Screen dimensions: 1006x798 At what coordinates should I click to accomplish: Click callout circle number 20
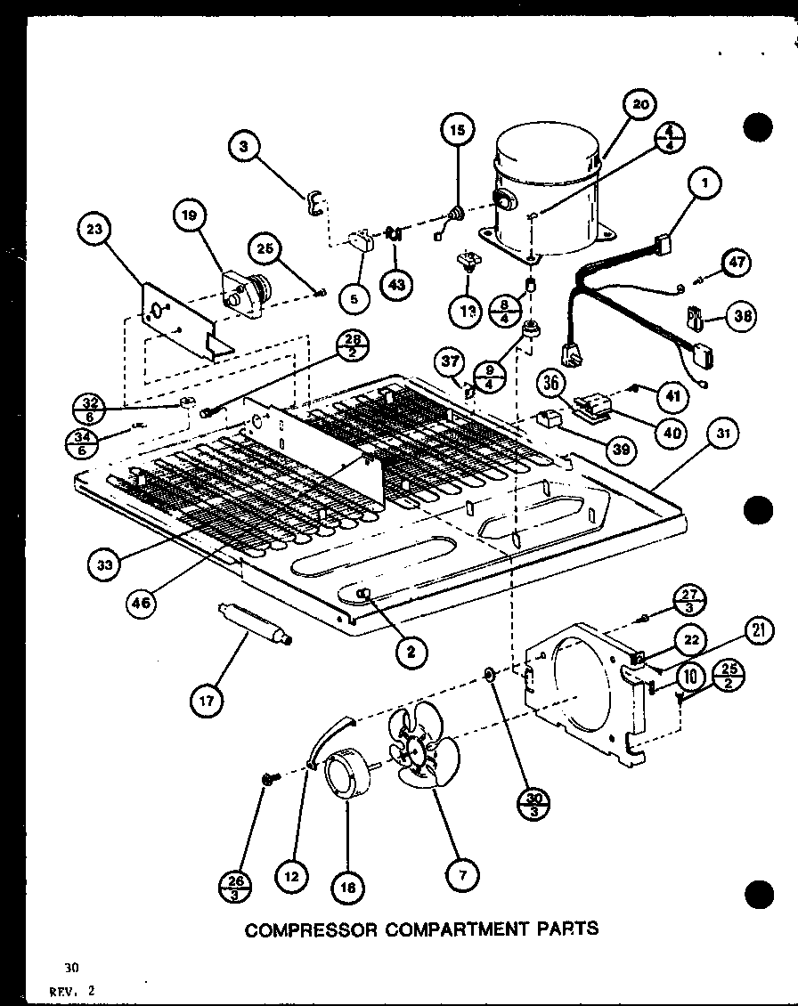639,105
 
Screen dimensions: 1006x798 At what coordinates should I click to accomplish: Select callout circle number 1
704,185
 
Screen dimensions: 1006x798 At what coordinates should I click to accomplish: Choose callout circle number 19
190,215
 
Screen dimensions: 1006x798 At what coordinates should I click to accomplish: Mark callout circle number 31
721,436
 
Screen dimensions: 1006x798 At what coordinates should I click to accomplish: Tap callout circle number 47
737,263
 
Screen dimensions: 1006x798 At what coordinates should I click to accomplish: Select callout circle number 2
410,652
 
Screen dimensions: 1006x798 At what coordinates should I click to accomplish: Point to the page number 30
70,968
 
